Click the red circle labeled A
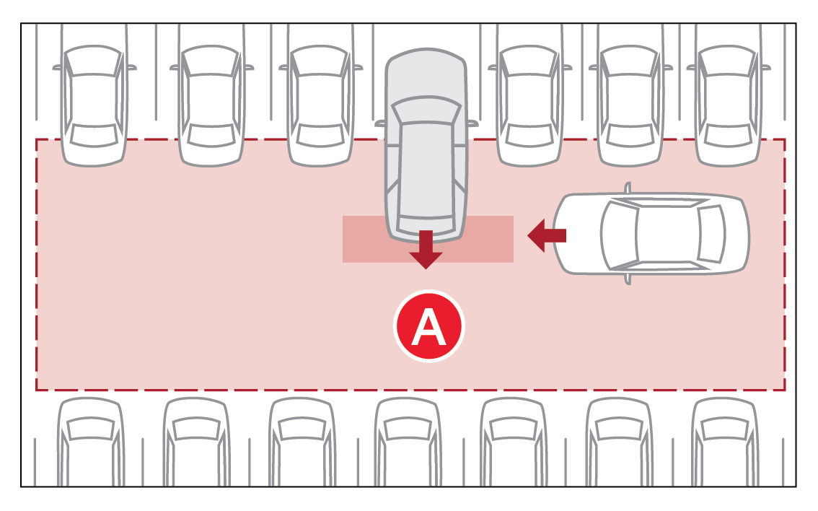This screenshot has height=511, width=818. coord(428,327)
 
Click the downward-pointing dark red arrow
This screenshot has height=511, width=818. coord(426,250)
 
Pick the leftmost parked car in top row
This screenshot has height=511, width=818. coord(94,105)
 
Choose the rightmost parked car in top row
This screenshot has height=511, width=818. coord(728,105)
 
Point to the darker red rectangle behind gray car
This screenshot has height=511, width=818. coord(491,239)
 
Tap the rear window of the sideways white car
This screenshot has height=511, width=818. coord(711,233)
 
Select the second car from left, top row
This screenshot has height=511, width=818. coord(211,105)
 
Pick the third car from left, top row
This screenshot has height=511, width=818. coord(321,105)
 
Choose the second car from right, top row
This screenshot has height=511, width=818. coord(630,105)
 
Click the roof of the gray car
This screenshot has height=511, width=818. coord(426,166)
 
